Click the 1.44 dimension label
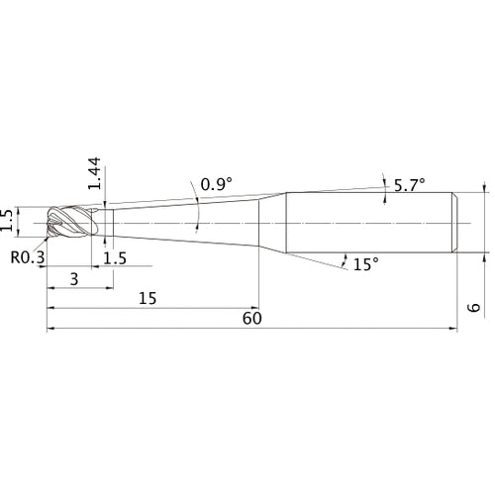(94, 173)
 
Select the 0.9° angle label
(217, 184)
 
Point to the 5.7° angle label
(410, 185)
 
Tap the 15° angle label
(366, 264)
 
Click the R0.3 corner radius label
(28, 257)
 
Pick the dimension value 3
(74, 279)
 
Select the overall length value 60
(252, 319)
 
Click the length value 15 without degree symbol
(148, 298)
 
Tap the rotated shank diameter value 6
(474, 307)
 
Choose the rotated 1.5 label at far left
(7, 220)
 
